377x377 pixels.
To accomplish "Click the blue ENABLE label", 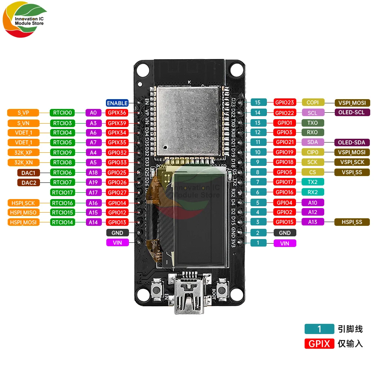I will [117, 103].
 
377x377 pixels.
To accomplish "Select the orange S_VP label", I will [23, 112].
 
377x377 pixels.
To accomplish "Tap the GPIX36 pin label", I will [117, 112].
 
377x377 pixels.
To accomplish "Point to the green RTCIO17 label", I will [63, 192].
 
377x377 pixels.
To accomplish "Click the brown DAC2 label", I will [28, 182].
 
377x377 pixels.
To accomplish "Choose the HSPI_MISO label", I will [23, 212].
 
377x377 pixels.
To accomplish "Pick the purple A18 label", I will [93, 172].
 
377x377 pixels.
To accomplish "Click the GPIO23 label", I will [285, 102].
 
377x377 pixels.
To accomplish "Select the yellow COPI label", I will [313, 102].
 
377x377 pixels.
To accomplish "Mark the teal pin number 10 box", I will [258, 152].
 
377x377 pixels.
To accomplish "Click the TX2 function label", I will [313, 182].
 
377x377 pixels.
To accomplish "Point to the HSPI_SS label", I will [352, 222].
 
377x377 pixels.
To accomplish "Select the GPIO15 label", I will [285, 222].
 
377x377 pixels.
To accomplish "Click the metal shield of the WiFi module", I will [187, 120].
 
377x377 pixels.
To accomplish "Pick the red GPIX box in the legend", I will [319, 343].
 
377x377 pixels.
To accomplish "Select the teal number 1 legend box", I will [319, 329].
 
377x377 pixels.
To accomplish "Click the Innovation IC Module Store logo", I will [25, 21].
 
